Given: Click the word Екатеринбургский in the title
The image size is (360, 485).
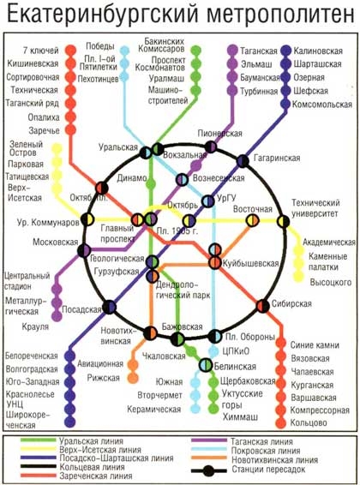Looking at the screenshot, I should point(103,14).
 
